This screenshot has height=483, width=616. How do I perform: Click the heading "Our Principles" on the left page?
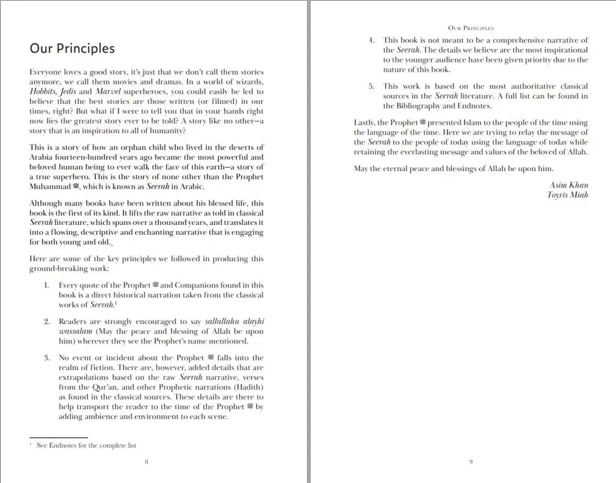pyautogui.click(x=72, y=48)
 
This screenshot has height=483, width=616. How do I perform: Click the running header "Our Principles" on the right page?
pyautogui.click(x=471, y=28)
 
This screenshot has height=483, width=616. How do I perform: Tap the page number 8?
pyautogui.click(x=147, y=462)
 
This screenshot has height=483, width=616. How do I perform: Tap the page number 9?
pyautogui.click(x=471, y=462)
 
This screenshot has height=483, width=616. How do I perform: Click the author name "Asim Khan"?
pyautogui.click(x=569, y=185)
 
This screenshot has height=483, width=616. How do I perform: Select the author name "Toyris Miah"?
pyautogui.click(x=568, y=195)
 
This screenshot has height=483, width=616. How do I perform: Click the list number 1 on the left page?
pyautogui.click(x=46, y=285)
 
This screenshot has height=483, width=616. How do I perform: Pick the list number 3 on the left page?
pyautogui.click(x=46, y=358)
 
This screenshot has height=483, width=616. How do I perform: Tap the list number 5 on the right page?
pyautogui.click(x=371, y=86)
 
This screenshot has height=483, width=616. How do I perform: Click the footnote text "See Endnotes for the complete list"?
pyautogui.click(x=86, y=446)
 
